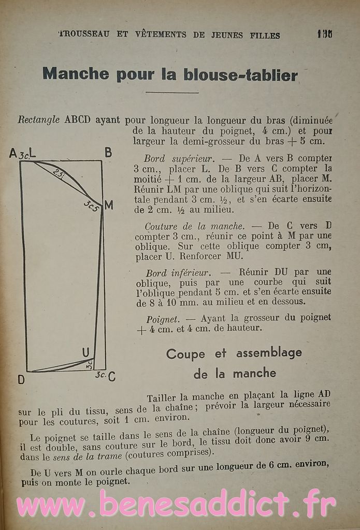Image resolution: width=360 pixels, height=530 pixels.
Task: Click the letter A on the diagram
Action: [12, 153]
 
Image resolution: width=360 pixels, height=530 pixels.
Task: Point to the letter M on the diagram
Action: [109, 205]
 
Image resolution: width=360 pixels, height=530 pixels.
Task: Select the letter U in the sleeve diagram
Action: [85, 352]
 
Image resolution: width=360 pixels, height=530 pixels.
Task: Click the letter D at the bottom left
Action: [21, 379]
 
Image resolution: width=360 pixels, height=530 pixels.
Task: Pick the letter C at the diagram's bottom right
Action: [111, 376]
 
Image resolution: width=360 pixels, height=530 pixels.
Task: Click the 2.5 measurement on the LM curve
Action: [59, 174]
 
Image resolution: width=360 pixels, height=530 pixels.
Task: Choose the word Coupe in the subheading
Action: [185, 354]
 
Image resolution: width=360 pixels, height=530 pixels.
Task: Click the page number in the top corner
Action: [325, 34]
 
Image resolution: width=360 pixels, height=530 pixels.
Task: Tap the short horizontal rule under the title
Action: [172, 93]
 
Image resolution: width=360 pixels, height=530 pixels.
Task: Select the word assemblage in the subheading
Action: [269, 354]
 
